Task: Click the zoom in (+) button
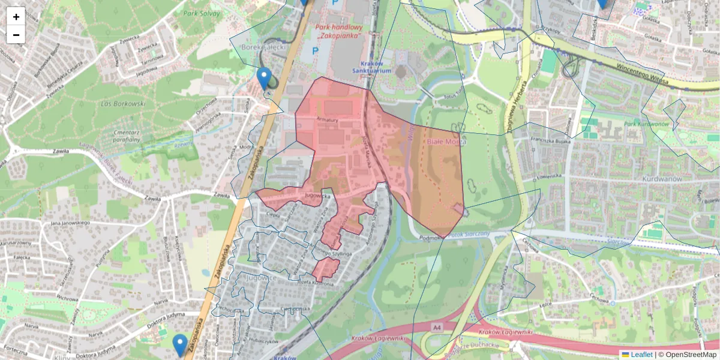(16, 16)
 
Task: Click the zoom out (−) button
(16, 35)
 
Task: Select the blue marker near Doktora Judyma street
(180, 345)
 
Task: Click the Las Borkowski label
(124, 104)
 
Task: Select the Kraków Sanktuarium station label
(376, 67)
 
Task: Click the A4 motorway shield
(436, 328)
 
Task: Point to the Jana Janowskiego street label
(70, 223)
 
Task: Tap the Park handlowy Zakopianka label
(339, 32)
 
